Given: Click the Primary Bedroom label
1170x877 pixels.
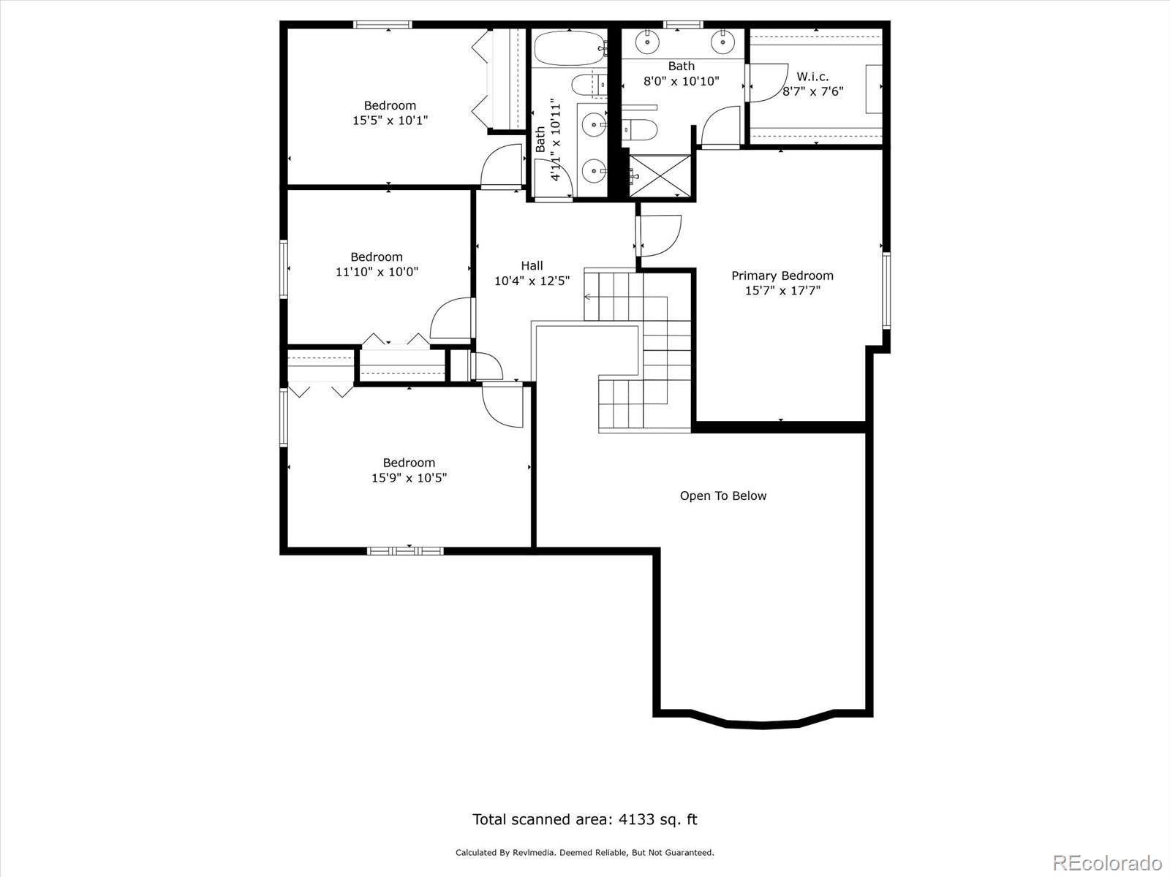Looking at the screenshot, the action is [x=782, y=276].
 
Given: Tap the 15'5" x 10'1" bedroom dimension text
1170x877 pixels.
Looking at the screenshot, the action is [x=390, y=121].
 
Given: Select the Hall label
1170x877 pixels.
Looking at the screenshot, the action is [x=532, y=265].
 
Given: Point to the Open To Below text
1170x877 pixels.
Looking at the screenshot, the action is [x=722, y=496].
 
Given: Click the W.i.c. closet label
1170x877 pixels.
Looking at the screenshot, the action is [x=812, y=77].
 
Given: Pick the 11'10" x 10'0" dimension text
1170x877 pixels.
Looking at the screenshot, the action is [x=377, y=272].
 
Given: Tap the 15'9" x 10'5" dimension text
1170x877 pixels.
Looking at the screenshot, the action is [x=409, y=478].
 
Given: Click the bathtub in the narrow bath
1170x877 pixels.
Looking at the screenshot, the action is [x=570, y=49].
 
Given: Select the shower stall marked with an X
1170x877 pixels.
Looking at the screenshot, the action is [x=660, y=175].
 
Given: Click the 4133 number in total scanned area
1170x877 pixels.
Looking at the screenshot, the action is [x=636, y=819].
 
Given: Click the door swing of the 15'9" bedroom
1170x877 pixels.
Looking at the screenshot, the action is [x=502, y=406].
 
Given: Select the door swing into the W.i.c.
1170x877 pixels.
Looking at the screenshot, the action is [x=769, y=83].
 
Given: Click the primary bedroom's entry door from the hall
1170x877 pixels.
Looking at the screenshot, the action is [x=660, y=235].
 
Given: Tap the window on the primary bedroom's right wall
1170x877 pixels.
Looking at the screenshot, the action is [x=886, y=290].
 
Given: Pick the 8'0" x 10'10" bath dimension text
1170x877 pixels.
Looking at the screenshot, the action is [x=682, y=81].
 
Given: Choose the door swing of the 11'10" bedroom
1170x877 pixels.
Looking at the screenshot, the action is [x=451, y=319].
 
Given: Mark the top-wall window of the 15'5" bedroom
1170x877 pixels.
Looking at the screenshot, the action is [x=382, y=25].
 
